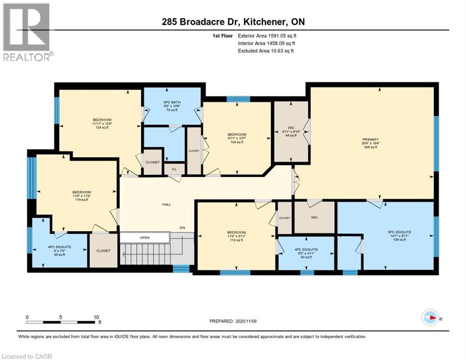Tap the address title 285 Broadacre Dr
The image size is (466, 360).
233,22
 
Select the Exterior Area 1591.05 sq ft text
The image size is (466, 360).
267,36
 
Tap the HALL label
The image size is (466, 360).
167,204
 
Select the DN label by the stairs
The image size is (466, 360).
183,228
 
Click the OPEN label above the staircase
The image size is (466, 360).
144,238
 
